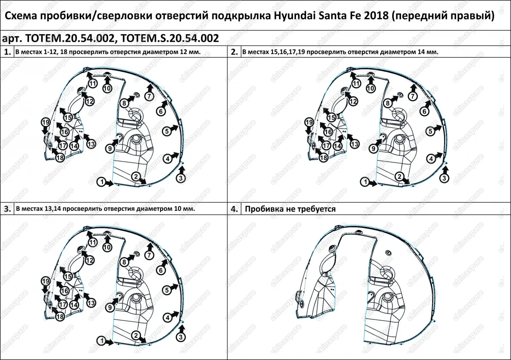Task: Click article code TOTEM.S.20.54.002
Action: pyautogui.click(x=170, y=38)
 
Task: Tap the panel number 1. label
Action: pyautogui.click(x=7, y=52)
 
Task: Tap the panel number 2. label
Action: pyautogui.click(x=234, y=52)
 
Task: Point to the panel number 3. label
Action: pyautogui.click(x=7, y=209)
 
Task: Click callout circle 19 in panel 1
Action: pyautogui.click(x=46, y=123)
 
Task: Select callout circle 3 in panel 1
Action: pyautogui.click(x=181, y=178)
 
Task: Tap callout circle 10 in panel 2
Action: pyautogui.click(x=371, y=88)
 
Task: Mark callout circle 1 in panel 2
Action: pyautogui.click(x=365, y=182)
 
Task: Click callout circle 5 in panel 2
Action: pyautogui.click(x=431, y=131)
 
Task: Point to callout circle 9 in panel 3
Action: pyautogui.click(x=109, y=307)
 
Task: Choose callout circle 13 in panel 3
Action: pyautogui.click(x=91, y=303)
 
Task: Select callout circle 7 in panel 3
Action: pyautogui.click(x=149, y=255)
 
